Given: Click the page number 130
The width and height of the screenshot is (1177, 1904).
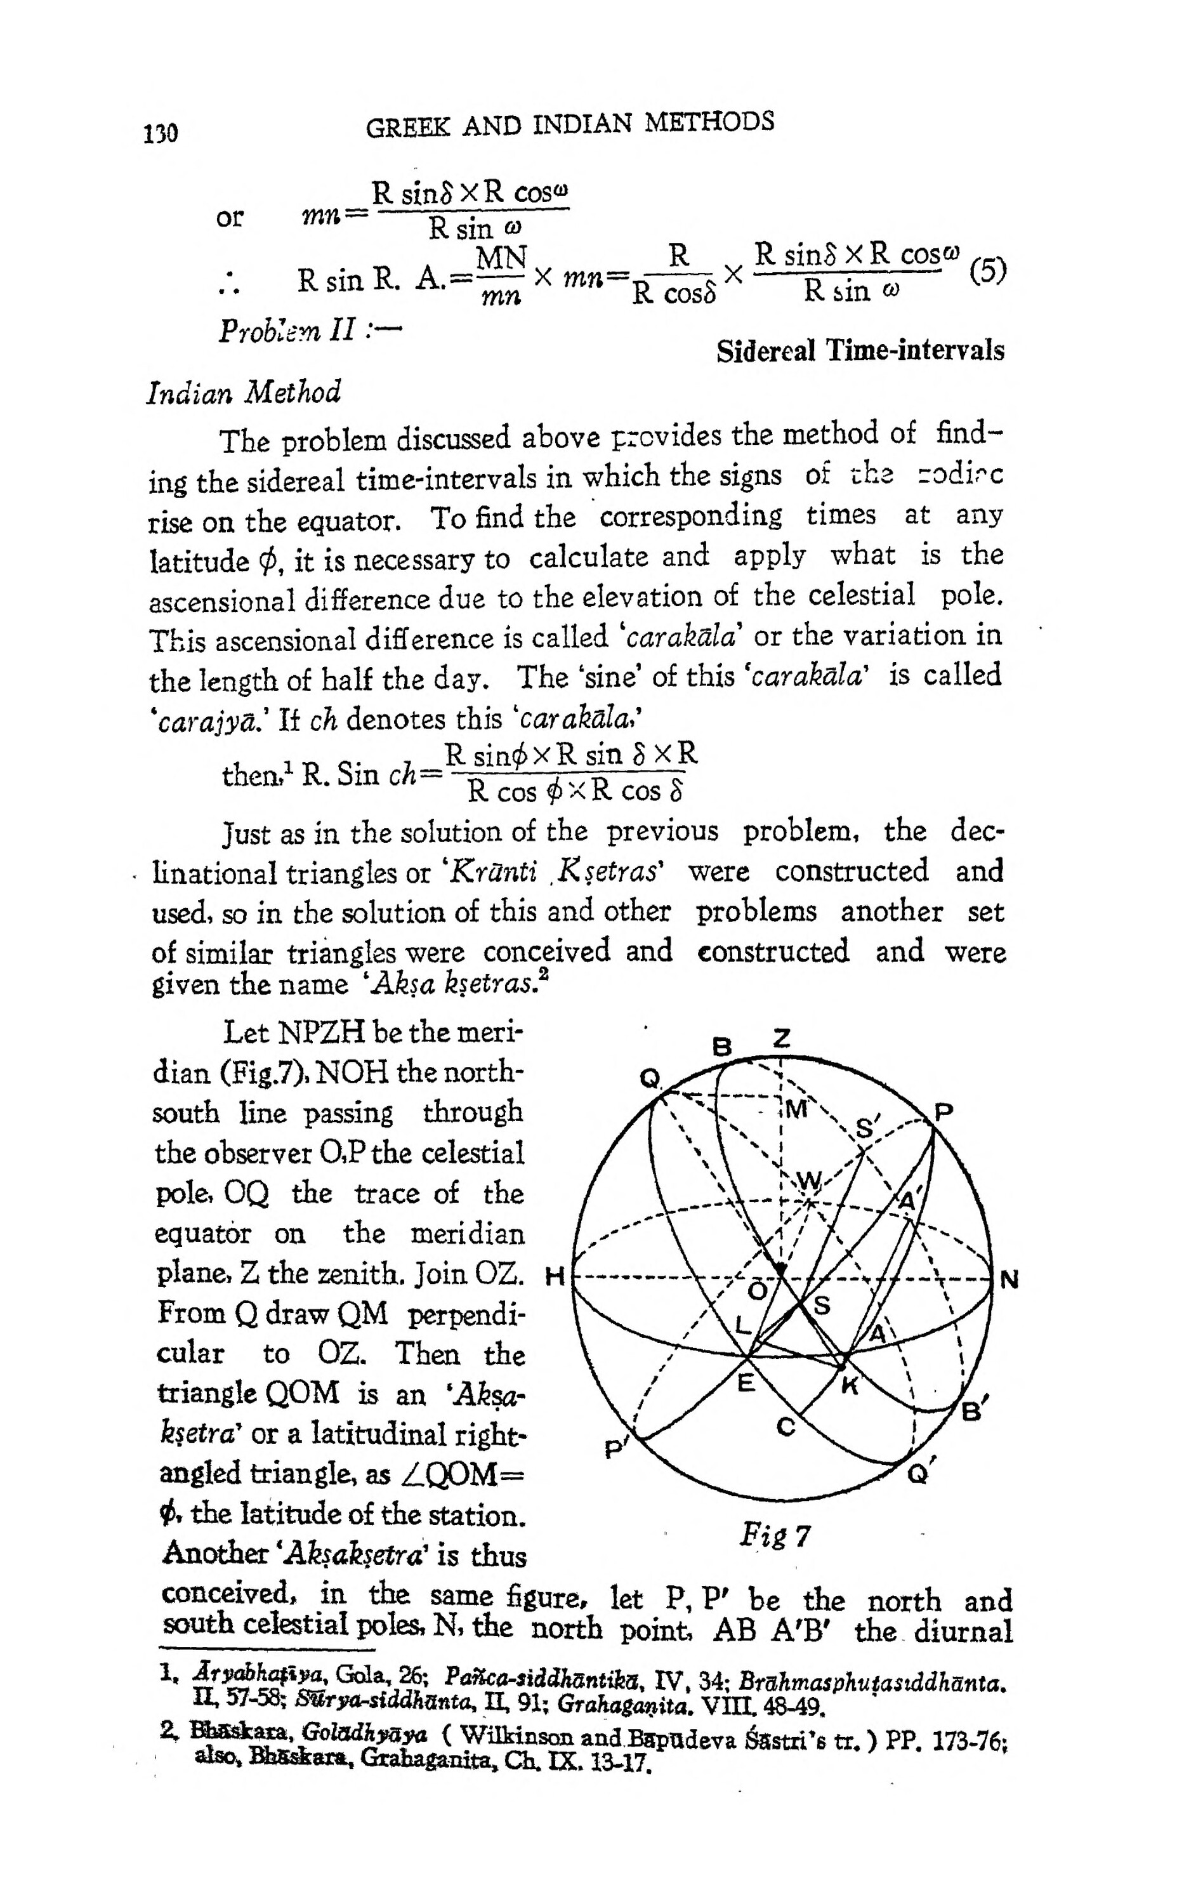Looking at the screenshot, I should coord(161,133).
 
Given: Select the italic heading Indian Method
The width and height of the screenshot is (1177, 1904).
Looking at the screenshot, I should coord(244,392).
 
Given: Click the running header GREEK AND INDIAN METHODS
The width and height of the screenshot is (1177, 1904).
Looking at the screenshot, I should coord(570,124).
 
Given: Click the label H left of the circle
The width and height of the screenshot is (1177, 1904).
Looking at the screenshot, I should coord(555,1276).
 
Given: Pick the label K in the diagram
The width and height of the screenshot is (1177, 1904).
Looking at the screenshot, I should coord(850,1386).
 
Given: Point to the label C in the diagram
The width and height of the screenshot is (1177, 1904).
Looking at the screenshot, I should coord(786,1427).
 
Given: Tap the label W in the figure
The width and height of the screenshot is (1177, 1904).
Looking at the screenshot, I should coord(810,1183).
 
